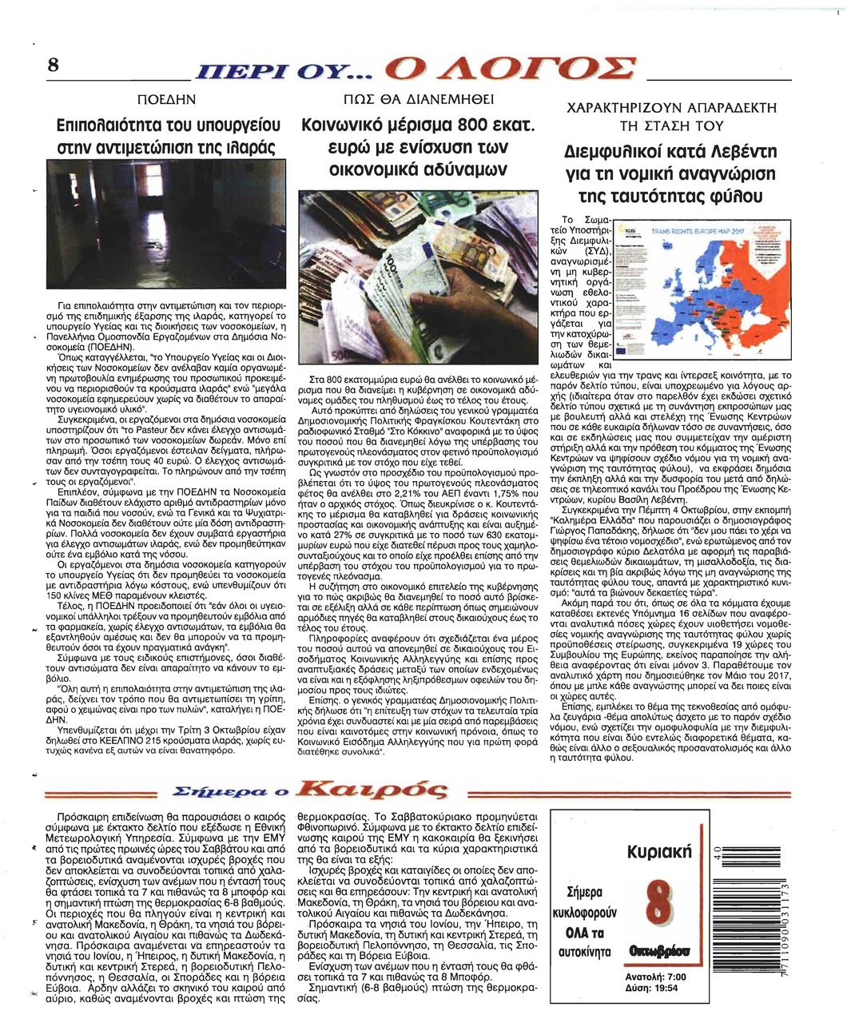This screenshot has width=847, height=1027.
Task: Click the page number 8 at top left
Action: (x=54, y=65)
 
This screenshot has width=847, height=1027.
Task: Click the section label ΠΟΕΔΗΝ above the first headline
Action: (x=167, y=100)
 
